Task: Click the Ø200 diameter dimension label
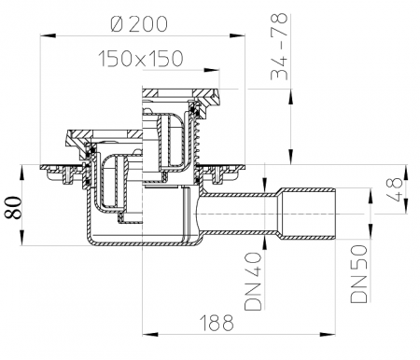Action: point(139,24)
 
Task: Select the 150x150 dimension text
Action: point(141,59)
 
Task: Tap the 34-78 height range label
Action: point(279,47)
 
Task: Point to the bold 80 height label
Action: point(13,207)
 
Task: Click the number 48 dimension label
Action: point(397,189)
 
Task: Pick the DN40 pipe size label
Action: point(253,282)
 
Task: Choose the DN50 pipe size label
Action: point(359,273)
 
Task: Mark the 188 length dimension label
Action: point(217,323)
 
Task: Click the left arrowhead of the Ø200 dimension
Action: point(48,35)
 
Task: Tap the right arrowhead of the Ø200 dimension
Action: point(237,35)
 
